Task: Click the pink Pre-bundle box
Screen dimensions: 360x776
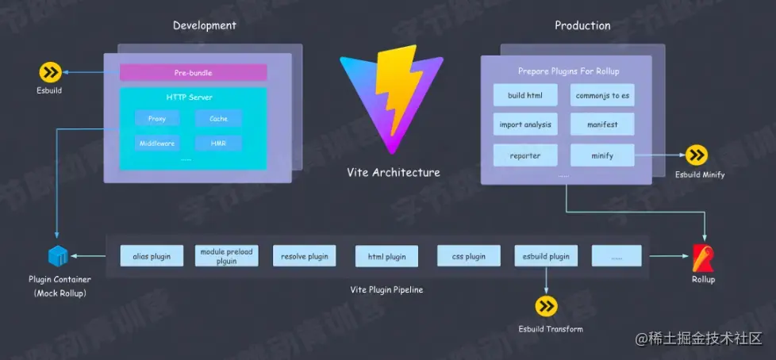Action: point(193,73)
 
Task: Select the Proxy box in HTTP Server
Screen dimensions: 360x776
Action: point(157,119)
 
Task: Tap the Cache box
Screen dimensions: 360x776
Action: point(218,119)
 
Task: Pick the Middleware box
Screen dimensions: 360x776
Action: point(157,144)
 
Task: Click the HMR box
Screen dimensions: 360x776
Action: point(218,144)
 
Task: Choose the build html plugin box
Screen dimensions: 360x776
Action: point(526,96)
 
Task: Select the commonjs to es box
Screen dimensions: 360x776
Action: point(602,96)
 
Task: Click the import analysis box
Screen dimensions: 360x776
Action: point(525,125)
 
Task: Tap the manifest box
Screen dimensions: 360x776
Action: point(602,125)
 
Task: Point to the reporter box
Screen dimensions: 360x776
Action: point(525,155)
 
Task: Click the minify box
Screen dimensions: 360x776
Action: point(602,155)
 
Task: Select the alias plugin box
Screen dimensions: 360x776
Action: point(152,256)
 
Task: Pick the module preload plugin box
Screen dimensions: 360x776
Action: point(226,256)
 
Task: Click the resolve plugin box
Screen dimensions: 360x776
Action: point(305,256)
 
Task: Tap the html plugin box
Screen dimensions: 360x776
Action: point(386,256)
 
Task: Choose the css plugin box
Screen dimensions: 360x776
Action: point(469,256)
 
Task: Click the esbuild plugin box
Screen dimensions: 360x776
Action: point(546,256)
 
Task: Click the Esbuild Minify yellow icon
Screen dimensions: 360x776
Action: point(697,155)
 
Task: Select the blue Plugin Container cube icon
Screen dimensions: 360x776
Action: point(58,257)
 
